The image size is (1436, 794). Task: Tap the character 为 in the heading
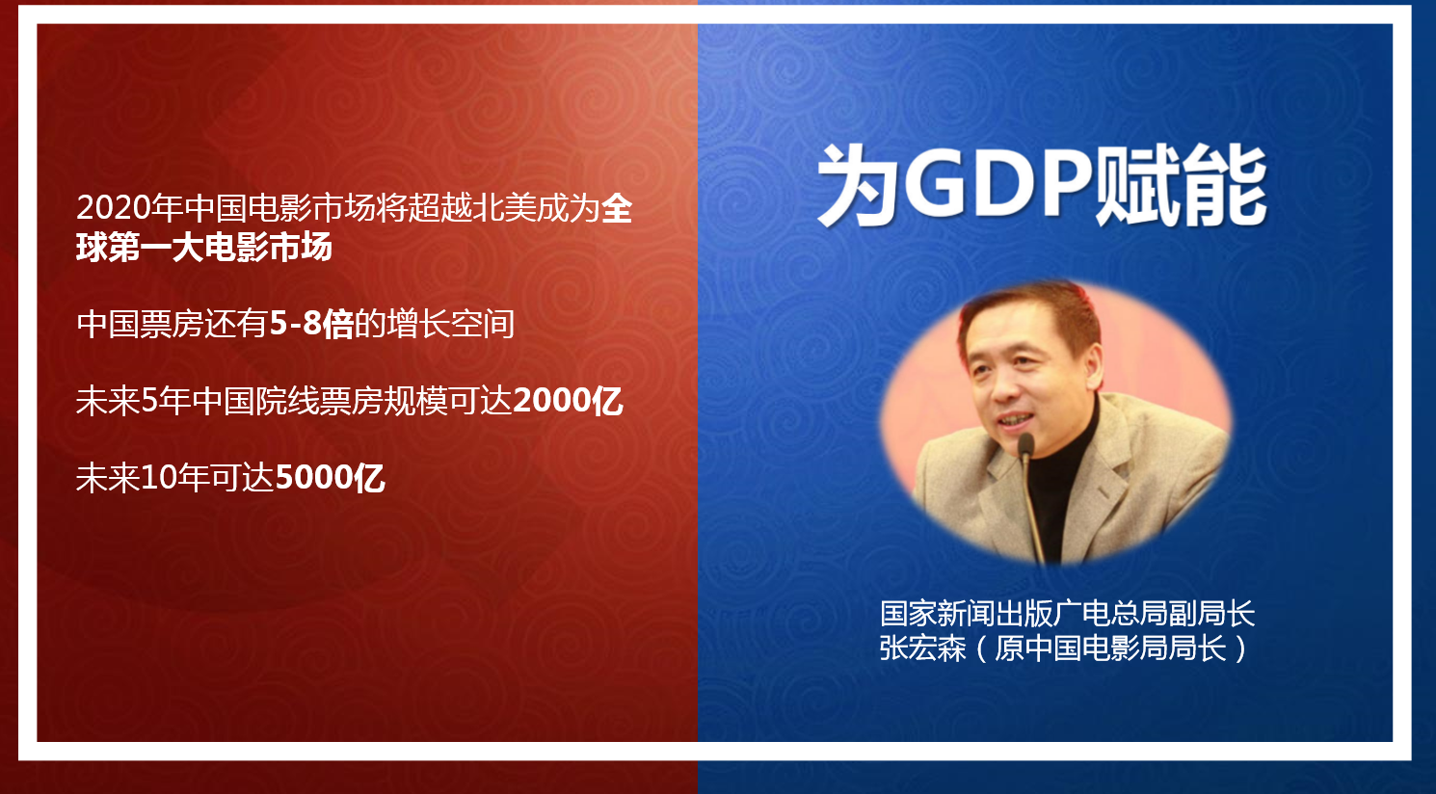click(x=858, y=186)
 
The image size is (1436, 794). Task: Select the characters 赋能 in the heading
click(x=1181, y=186)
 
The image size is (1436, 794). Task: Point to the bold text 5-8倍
click(x=311, y=324)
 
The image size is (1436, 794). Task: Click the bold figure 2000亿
click(x=568, y=401)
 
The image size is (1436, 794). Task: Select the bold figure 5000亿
click(x=330, y=478)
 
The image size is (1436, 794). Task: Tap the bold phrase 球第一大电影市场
click(x=204, y=248)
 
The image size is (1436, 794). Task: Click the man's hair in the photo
click(x=1032, y=314)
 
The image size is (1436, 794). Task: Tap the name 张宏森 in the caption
click(x=922, y=648)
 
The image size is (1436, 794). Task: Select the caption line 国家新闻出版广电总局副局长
click(x=1068, y=613)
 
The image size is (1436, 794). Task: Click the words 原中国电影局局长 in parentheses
click(x=1109, y=648)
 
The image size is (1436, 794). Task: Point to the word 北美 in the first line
click(x=488, y=208)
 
